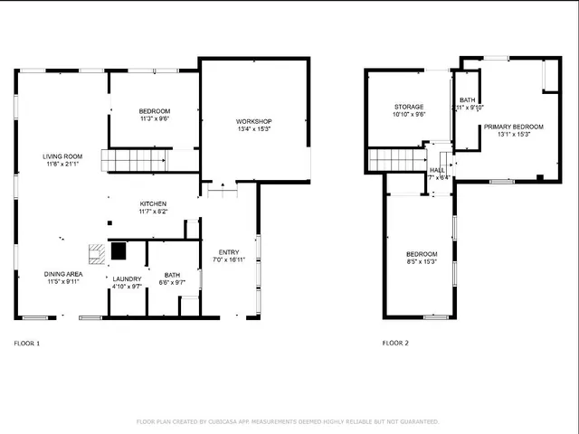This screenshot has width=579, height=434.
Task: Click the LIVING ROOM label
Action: point(62,157)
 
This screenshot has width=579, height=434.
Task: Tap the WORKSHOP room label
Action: point(253,121)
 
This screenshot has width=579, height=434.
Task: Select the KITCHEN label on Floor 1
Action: point(152,203)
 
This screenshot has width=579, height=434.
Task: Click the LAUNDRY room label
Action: point(126,278)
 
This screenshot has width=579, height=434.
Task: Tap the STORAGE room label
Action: point(409,107)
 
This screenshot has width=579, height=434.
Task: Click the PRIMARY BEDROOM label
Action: point(513,127)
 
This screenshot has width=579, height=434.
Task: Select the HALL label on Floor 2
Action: point(437,169)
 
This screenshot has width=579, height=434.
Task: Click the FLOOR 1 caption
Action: point(27,344)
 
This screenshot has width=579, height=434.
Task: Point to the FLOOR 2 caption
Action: point(395,344)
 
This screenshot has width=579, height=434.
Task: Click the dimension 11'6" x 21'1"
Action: point(62,165)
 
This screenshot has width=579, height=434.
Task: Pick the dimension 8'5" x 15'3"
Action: point(422,262)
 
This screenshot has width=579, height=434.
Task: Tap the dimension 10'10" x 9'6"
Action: point(409,115)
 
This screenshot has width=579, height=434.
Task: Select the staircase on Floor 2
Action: point(395,160)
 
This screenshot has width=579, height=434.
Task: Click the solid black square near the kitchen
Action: point(118,250)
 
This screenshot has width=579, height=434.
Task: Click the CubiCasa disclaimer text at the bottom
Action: point(288,421)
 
